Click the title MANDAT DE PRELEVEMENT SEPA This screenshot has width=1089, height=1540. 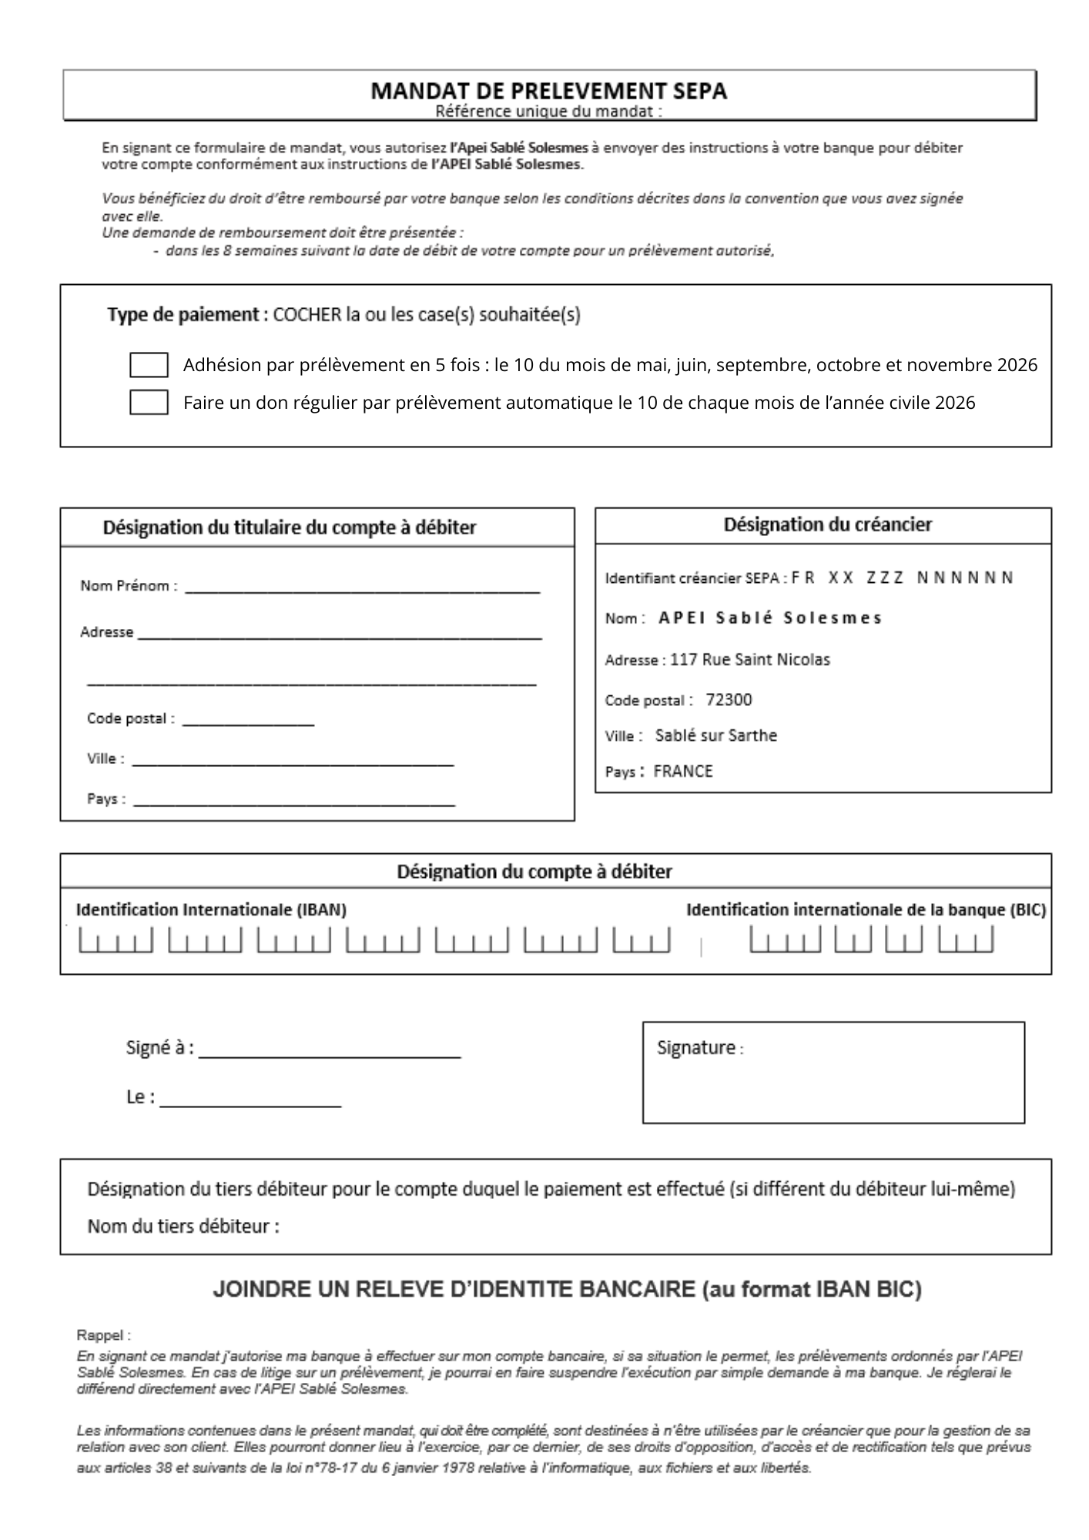(548, 91)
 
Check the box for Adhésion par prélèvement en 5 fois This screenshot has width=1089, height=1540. (149, 365)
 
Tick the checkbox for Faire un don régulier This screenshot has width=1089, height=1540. (149, 403)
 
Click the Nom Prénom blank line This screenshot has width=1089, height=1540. (362, 587)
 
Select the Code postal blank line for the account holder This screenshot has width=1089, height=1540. (248, 719)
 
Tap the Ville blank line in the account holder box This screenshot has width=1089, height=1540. (293, 760)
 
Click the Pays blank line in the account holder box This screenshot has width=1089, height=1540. (294, 800)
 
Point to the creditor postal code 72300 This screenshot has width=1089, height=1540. (729, 699)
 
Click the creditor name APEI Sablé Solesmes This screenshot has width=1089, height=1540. (769, 618)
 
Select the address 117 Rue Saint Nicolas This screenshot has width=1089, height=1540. (750, 659)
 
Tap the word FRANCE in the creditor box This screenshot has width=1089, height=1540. (683, 771)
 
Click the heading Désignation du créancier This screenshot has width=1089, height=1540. (827, 524)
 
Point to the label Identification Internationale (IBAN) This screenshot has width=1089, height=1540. (211, 909)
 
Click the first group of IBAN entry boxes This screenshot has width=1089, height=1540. (116, 940)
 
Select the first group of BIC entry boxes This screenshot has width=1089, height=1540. (785, 940)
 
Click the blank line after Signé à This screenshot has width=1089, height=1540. (330, 1051)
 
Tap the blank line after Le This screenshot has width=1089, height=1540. (250, 1100)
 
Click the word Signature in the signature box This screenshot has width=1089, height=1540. (696, 1047)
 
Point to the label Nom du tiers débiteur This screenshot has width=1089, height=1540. (183, 1226)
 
